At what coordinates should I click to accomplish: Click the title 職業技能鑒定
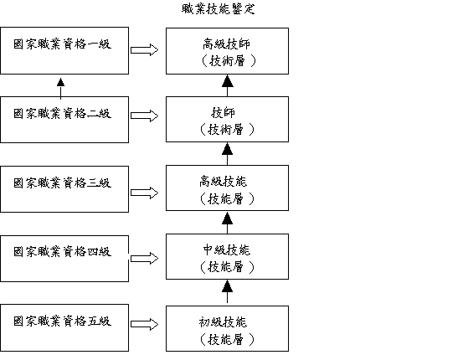[x=218, y=9]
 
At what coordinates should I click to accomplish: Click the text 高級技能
[x=223, y=182]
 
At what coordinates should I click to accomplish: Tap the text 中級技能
[x=227, y=249]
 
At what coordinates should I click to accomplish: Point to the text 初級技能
[x=223, y=321]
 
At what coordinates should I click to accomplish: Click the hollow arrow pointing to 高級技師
[x=144, y=50]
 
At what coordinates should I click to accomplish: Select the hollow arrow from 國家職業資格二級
[x=144, y=116]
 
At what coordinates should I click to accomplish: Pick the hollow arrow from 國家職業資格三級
[x=144, y=193]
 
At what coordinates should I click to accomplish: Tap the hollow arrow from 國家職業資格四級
[x=144, y=259]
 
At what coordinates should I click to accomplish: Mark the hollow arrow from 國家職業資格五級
[x=144, y=324]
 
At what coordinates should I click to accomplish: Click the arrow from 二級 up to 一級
[x=60, y=89]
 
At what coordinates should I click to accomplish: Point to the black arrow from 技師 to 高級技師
[x=228, y=85]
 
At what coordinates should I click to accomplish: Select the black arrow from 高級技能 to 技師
[x=228, y=154]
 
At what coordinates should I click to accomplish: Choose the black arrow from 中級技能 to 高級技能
[x=228, y=223]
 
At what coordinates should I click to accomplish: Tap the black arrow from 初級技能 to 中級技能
[x=228, y=292]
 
